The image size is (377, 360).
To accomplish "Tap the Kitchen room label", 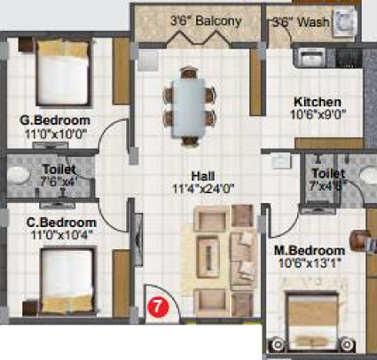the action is coord(317,102).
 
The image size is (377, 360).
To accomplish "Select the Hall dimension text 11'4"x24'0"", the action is coord(203,188).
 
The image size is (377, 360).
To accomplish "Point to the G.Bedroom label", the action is coord(55,121).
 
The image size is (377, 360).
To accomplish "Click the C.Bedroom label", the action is coord(61,223).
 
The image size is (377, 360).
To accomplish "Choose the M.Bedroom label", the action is coord(310,251).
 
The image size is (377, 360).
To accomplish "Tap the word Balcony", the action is coord(219,21).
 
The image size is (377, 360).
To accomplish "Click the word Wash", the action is coord(314,22).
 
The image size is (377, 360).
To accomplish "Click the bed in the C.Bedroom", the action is coord(68,281).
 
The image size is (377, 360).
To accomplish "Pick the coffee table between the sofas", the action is coord(208,259).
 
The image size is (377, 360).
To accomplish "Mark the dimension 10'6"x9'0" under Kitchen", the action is coord(318,114).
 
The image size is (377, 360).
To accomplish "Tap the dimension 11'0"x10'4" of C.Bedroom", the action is coord(62,234).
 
